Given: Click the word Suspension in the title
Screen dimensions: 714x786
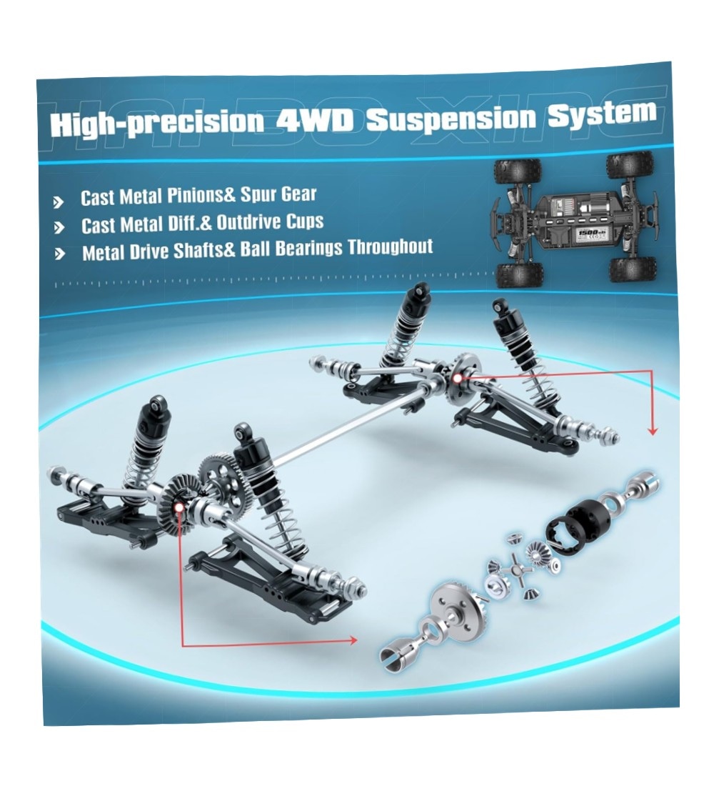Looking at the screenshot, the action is (x=451, y=119).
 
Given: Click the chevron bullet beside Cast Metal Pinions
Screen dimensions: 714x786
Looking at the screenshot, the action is (x=59, y=202).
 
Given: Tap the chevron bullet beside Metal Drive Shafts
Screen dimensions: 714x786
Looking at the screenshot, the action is (x=60, y=254).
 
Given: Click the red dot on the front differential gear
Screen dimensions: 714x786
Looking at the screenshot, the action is (x=178, y=508).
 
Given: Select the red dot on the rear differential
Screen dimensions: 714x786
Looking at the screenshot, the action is (x=457, y=379).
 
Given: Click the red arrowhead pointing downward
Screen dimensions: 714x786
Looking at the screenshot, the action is (x=652, y=431).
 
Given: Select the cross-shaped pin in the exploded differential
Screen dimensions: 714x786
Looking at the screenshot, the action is (x=523, y=571).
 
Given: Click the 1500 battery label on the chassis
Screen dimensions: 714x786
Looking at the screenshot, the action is (x=588, y=233).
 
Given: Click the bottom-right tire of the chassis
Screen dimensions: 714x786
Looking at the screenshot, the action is (x=633, y=269).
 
